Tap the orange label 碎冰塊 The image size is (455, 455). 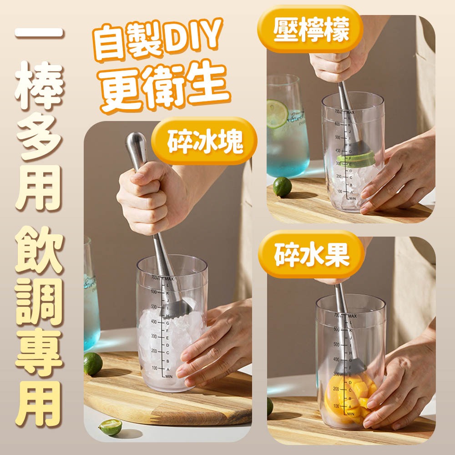pyautogui.click(x=204, y=142)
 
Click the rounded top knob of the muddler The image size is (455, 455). pyautogui.click(x=136, y=143)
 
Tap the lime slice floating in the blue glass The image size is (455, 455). pyautogui.click(x=277, y=114)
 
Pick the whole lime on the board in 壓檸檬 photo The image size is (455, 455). pyautogui.click(x=282, y=187)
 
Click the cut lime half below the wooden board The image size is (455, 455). pyautogui.click(x=111, y=427)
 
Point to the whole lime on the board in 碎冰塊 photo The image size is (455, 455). pyautogui.click(x=93, y=364)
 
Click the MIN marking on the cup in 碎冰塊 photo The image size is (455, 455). pyautogui.click(x=167, y=377)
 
